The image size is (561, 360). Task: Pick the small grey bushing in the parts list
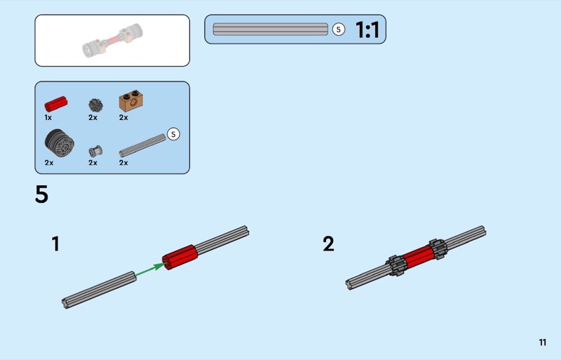[94, 149]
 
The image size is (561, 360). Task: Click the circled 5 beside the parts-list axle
[173, 134]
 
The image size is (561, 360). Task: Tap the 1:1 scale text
[367, 30]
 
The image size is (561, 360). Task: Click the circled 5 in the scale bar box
[339, 29]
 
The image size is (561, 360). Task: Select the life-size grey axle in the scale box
[270, 29]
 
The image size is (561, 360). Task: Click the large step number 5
[41, 194]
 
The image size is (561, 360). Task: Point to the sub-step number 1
[55, 244]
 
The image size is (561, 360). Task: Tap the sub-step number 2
[328, 244]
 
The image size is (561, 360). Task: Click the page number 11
[542, 342]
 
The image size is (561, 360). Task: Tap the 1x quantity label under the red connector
[48, 117]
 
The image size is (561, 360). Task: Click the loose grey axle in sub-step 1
[99, 288]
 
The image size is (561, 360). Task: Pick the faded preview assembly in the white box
[112, 40]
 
